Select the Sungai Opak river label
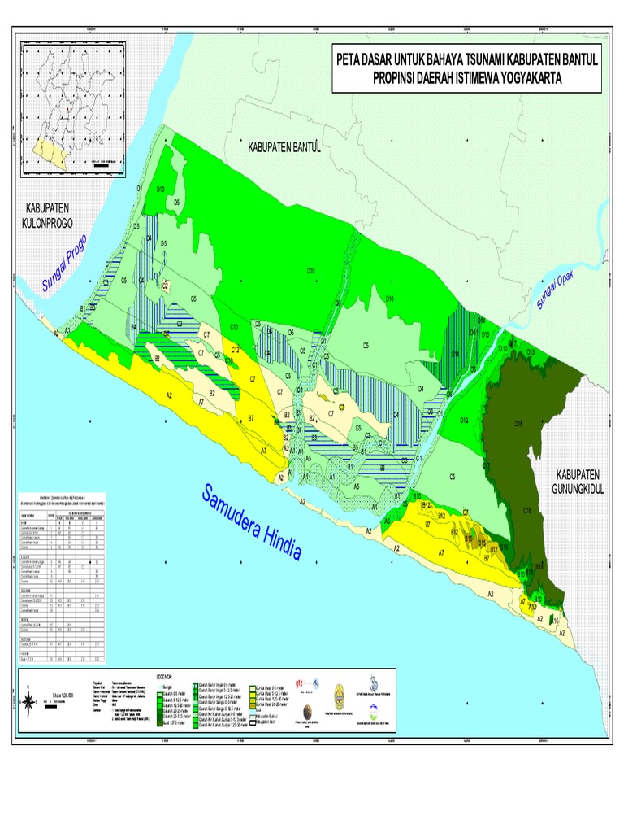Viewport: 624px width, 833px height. point(555,291)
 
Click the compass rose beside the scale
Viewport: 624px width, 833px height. point(28,700)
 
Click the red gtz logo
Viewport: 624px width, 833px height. point(301,683)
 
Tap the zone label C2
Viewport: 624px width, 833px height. point(165,286)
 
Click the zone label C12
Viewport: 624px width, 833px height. point(234,349)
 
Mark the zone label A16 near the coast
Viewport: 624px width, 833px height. point(555,621)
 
